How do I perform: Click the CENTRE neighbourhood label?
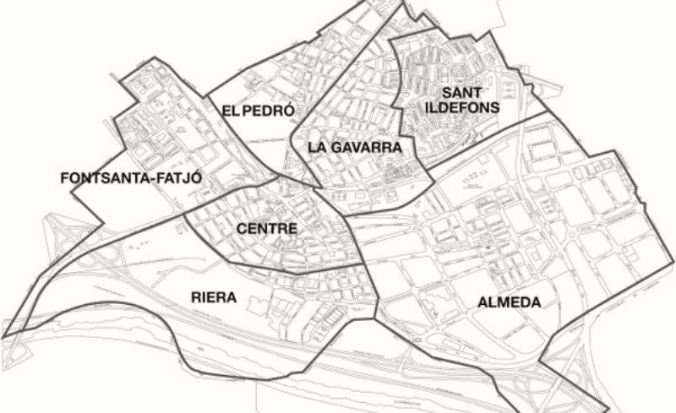click(x=267, y=229)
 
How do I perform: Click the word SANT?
click(x=461, y=91)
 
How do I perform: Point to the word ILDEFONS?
click(x=461, y=107)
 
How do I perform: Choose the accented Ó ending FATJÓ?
click(x=172, y=178)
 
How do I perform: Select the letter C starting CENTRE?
click(x=243, y=229)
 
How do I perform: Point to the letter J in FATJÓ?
click(x=161, y=178)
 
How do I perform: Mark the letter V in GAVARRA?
click(x=361, y=147)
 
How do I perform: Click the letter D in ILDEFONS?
click(x=448, y=107)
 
